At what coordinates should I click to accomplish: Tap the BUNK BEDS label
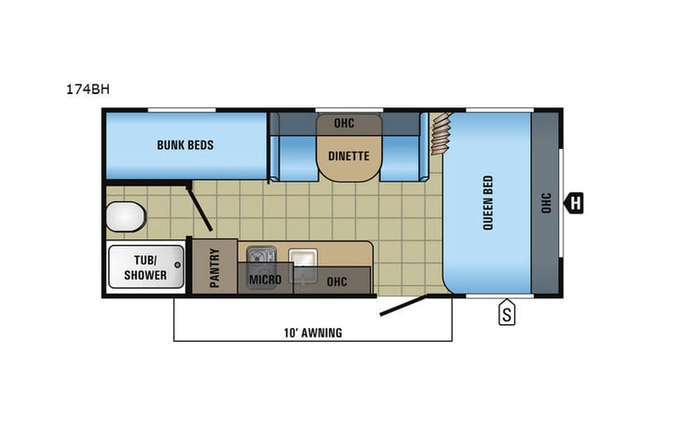click(x=184, y=145)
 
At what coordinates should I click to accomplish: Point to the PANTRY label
click(x=214, y=267)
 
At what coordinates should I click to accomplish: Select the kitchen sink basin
click(x=301, y=258)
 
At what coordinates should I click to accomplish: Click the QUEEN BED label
click(x=488, y=203)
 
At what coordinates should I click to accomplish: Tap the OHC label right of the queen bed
click(x=546, y=202)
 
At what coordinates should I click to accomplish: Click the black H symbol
click(x=575, y=202)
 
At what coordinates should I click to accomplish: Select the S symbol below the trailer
click(x=507, y=314)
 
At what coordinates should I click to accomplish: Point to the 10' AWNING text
click(x=312, y=333)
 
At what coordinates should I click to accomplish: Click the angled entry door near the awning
click(x=403, y=305)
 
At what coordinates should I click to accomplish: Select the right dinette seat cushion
click(x=402, y=157)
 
